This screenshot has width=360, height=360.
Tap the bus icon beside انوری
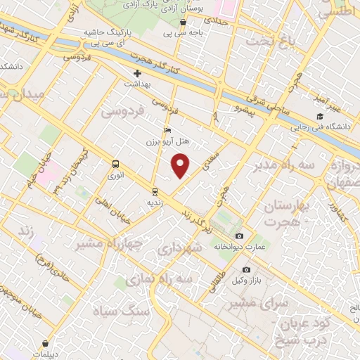pyautogui.click(x=115, y=163)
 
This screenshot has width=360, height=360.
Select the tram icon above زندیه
pyautogui.click(x=155, y=191)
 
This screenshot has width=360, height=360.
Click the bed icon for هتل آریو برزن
pyautogui.click(x=167, y=130)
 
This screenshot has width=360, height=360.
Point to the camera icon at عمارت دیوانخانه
pyautogui.click(x=240, y=236)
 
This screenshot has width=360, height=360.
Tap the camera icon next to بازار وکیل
pyautogui.click(x=246, y=270)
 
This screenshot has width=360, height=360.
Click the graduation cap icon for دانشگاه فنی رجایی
pyautogui.click(x=321, y=117)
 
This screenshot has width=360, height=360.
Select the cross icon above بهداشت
pyautogui.click(x=137, y=73)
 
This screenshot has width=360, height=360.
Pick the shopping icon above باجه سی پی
pyautogui.click(x=184, y=22)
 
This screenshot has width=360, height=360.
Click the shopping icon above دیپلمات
pyautogui.click(x=46, y=344)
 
